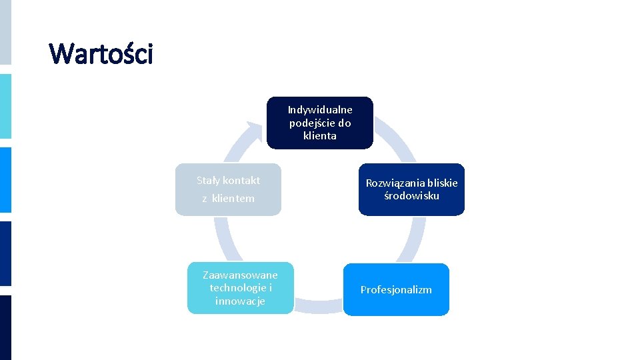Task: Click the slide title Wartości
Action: pos(101,54)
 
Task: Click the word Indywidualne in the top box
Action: pos(320,109)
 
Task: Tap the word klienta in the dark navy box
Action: pos(320,136)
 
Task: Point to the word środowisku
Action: pos(411,195)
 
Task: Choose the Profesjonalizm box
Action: pos(396,289)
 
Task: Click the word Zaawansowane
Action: pos(240,275)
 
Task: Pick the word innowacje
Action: pos(240,301)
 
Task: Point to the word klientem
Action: pos(233,199)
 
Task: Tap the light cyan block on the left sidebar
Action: pos(5,106)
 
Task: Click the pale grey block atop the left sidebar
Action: pos(5,32)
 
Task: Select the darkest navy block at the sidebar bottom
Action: pos(5,327)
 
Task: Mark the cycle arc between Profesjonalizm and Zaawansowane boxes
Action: pos(318,307)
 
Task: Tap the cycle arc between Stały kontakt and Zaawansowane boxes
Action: pos(219,239)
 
